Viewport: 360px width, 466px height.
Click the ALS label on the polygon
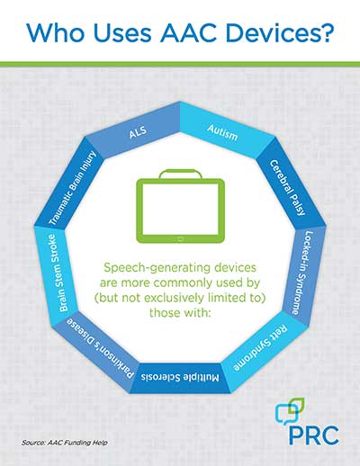pyautogui.click(x=138, y=132)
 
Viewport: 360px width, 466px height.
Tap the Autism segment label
pyautogui.click(x=222, y=133)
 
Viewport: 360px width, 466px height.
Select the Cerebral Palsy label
pyautogui.click(x=288, y=188)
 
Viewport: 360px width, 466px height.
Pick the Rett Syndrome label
pyautogui.click(x=260, y=349)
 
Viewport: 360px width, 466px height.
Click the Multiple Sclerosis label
pyautogui.click(x=180, y=377)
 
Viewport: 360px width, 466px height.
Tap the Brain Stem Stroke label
pyautogui.click(x=57, y=273)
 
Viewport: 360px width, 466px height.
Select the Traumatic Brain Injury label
pyautogui.click(x=72, y=188)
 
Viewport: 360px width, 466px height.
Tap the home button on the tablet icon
pyautogui.click(x=180, y=239)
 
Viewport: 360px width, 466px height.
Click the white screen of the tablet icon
pyautogui.click(x=180, y=210)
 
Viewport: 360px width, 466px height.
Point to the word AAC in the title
pyautogui.click(x=188, y=32)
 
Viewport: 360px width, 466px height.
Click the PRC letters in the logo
pyautogui.click(x=314, y=435)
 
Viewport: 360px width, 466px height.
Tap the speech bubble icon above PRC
pyautogui.click(x=290, y=410)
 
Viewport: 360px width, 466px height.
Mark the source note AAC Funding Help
pyautogui.click(x=77, y=443)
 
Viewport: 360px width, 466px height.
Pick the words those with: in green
pyautogui.click(x=179, y=312)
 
